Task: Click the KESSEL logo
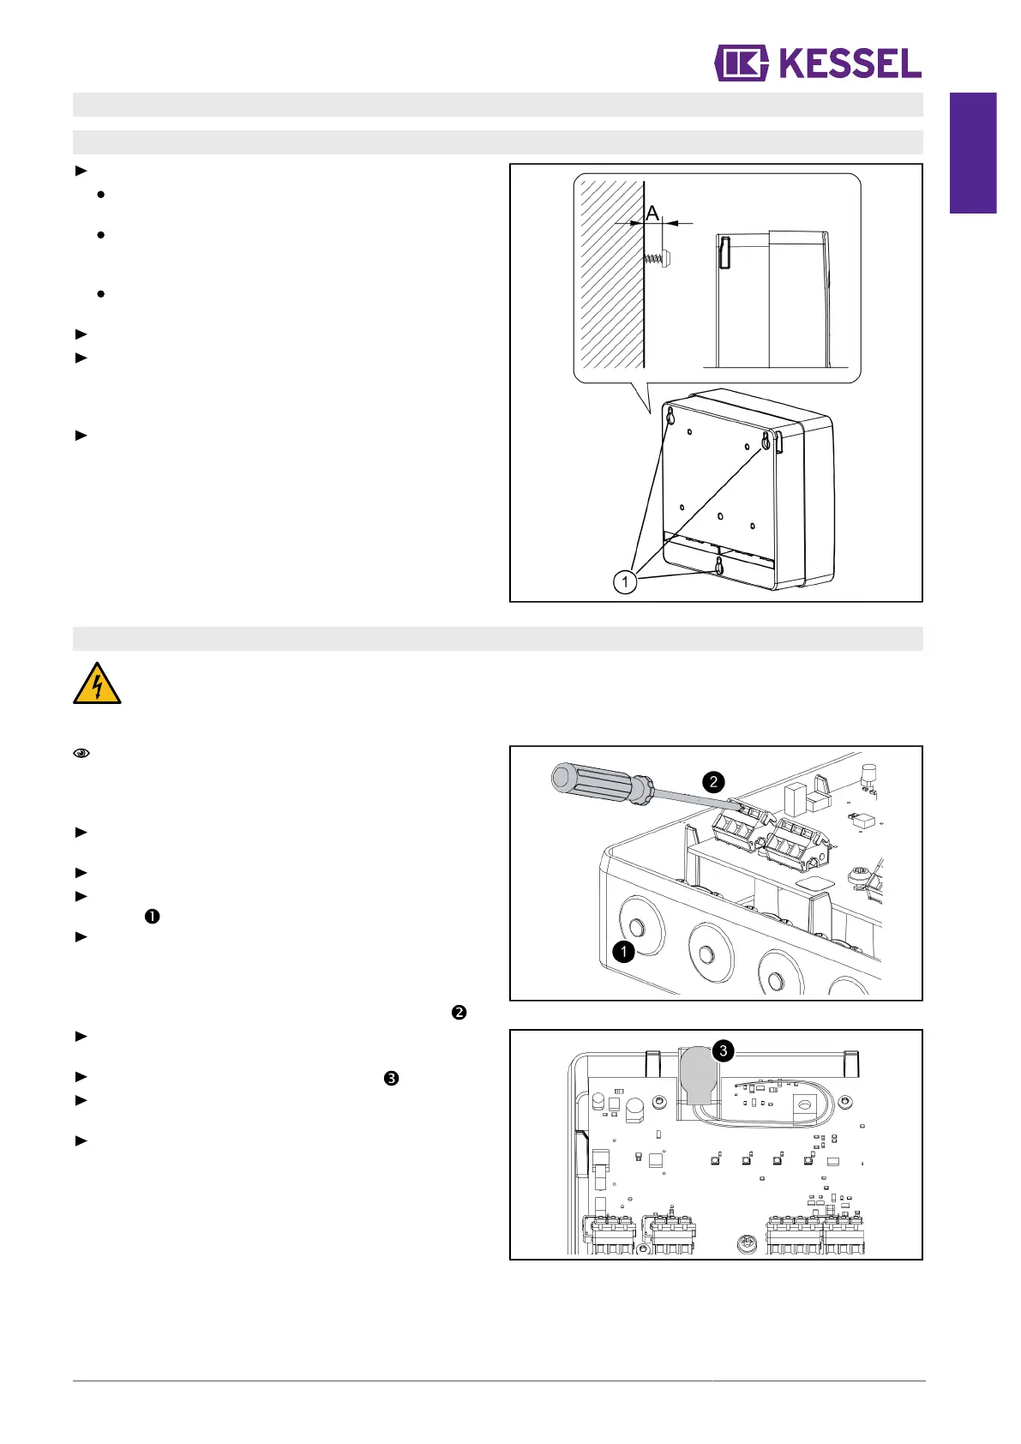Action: pos(818,63)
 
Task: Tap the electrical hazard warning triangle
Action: pos(97,684)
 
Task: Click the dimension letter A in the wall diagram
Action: pos(652,212)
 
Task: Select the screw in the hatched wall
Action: pos(658,256)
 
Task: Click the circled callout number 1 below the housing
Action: pos(625,582)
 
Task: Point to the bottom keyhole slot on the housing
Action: pos(719,565)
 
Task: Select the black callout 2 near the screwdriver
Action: pos(713,782)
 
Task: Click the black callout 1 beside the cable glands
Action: pos(623,951)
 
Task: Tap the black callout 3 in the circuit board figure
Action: pos(724,1050)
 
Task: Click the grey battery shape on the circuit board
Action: pos(700,1074)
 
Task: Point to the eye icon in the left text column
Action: pos(81,754)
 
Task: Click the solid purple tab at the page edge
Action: pos(973,153)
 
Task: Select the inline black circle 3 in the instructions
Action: pos(391,1079)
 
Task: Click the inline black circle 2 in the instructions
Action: pos(459,1013)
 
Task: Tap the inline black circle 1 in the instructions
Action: pos(152,917)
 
